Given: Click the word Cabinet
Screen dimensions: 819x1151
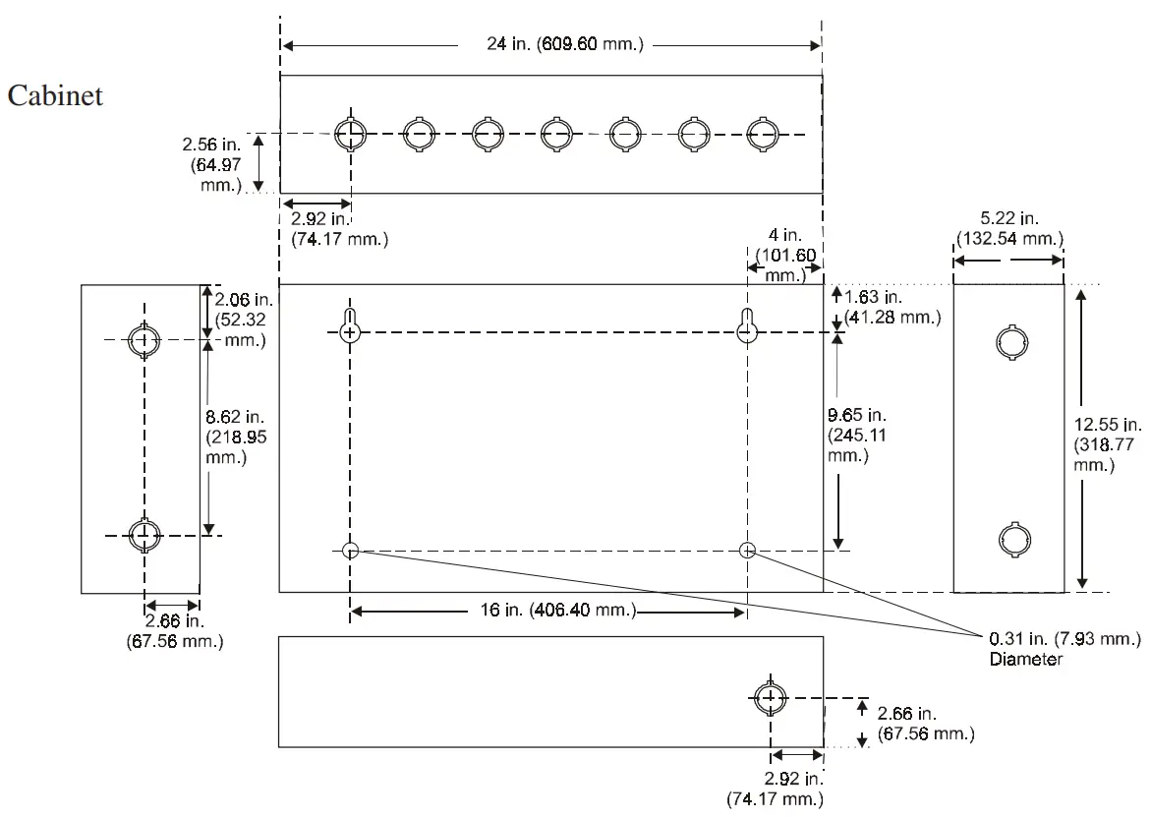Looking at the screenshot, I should (x=55, y=97).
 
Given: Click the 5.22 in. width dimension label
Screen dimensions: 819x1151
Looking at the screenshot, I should (x=1008, y=229).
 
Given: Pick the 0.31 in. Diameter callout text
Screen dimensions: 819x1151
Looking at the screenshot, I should (x=1065, y=649).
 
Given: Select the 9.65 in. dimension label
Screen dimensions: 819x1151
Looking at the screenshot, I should (x=856, y=433).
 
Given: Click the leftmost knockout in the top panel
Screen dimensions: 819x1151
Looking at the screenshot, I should (x=348, y=134).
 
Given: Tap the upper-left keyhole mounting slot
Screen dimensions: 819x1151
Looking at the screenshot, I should (x=350, y=328).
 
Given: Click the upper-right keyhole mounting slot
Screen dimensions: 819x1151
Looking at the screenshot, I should (x=748, y=328).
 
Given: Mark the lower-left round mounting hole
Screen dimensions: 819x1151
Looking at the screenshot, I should (x=350, y=550).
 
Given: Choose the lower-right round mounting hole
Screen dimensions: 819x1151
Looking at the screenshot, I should (x=748, y=550).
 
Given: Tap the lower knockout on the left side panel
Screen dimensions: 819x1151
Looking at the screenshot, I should (x=144, y=535).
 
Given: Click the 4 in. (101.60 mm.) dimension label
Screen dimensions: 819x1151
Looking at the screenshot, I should (x=785, y=258).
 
